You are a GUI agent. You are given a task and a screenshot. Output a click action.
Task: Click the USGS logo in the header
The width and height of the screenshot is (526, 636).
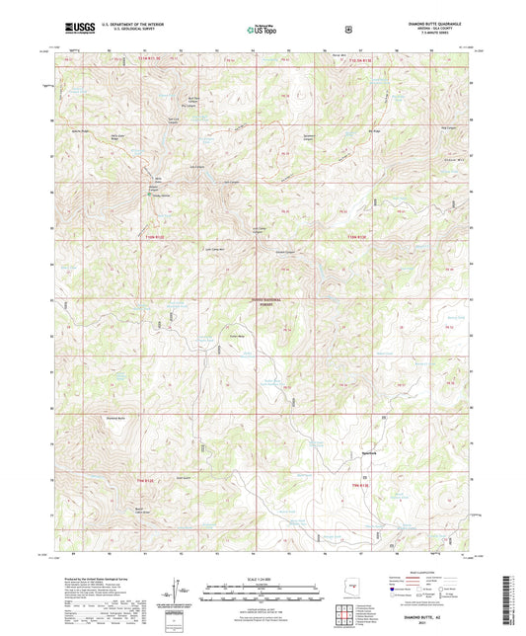pos(78,29)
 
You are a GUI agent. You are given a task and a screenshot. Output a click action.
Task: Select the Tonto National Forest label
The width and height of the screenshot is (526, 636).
pos(263,303)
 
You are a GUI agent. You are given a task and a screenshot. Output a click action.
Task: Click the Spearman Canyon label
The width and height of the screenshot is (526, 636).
pos(311,132)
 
